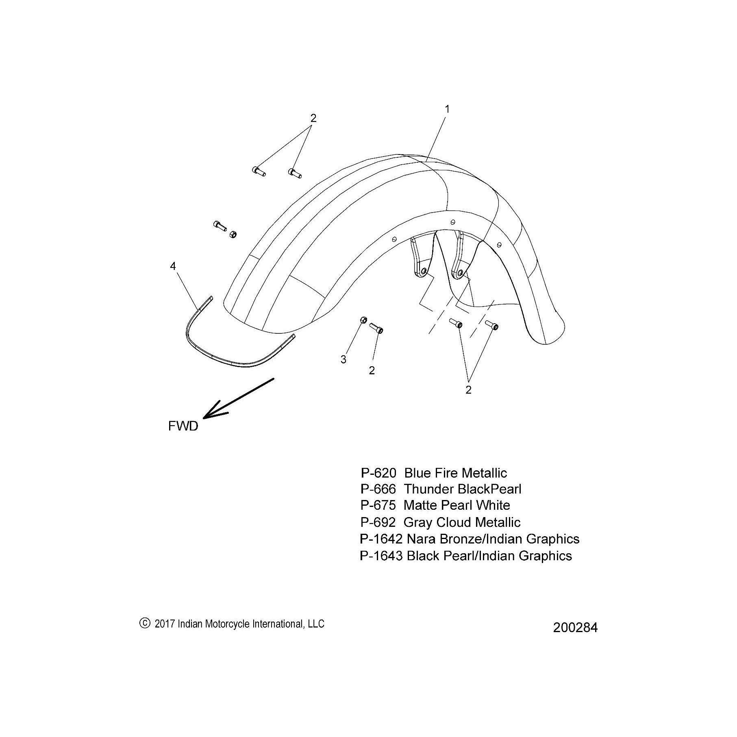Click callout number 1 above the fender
[x=447, y=109]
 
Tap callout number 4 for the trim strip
[x=173, y=266]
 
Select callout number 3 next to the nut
[x=343, y=359]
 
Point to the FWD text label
[x=183, y=426]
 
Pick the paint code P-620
[x=378, y=473]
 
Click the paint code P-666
[x=378, y=489]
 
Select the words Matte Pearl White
[x=457, y=505]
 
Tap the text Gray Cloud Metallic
[x=462, y=522]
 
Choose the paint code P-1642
[x=381, y=539]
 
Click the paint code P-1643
[x=381, y=556]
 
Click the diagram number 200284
[x=575, y=628]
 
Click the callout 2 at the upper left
[x=313, y=118]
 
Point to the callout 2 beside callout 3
[x=372, y=370]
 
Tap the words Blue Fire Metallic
[x=456, y=473]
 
